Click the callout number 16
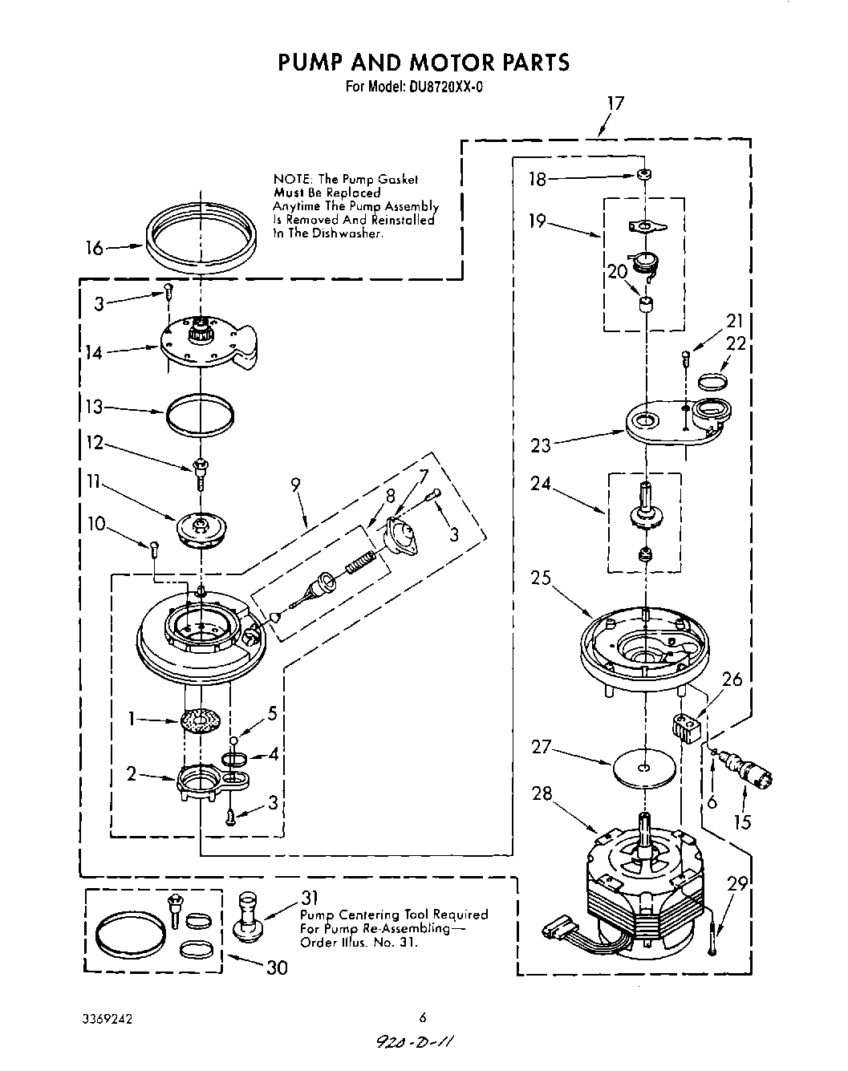95,249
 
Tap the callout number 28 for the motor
542,794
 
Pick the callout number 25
540,578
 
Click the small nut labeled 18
643,175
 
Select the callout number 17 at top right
615,103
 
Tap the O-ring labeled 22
713,379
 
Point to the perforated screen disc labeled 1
201,720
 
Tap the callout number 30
276,968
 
